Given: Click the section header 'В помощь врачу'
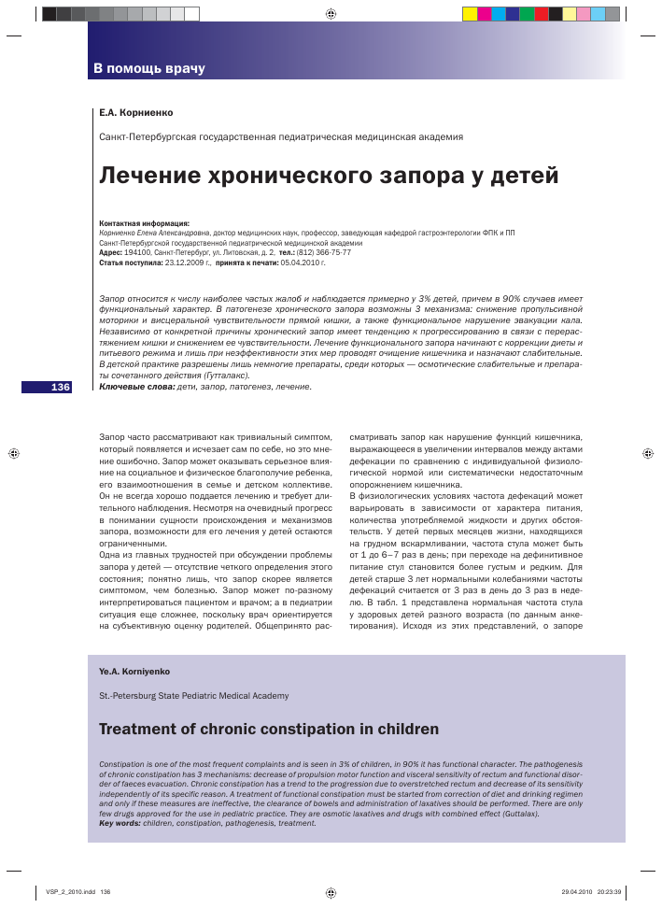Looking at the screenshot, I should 148,69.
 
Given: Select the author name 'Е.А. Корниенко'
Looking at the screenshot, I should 135,112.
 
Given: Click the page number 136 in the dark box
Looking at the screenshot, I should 61,387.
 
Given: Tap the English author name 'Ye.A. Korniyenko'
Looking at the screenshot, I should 134,672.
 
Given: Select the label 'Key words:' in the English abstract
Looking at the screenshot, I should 120,823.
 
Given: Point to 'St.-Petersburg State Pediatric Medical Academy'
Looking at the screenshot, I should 193,696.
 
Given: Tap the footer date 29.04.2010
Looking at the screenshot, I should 578,891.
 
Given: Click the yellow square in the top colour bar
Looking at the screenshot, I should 470,13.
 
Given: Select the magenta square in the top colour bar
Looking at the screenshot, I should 484,13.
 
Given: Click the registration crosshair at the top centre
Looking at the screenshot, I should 331,14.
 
